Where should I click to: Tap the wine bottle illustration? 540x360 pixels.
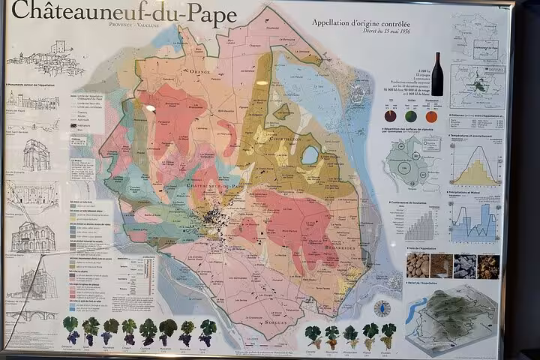point(436,73)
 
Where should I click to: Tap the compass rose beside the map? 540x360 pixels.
point(382,308)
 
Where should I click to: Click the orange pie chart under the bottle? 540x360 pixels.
point(431,117)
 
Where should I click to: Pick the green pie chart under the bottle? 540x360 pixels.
point(410,117)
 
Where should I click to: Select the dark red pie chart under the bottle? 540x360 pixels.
point(390,117)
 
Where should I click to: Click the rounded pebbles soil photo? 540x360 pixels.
point(418,265)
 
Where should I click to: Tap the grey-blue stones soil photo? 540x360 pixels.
point(465,265)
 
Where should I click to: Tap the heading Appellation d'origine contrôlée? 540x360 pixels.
point(361,23)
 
